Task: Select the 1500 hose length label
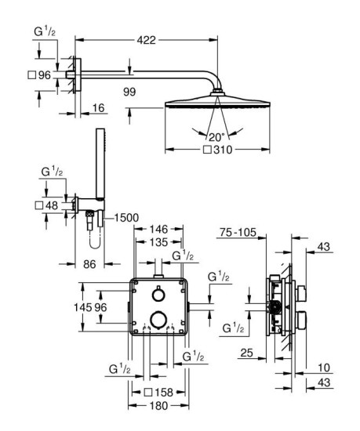tap(128, 218)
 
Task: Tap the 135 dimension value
tap(160, 242)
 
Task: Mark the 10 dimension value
tap(324, 367)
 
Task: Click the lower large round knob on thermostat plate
tap(159, 317)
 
